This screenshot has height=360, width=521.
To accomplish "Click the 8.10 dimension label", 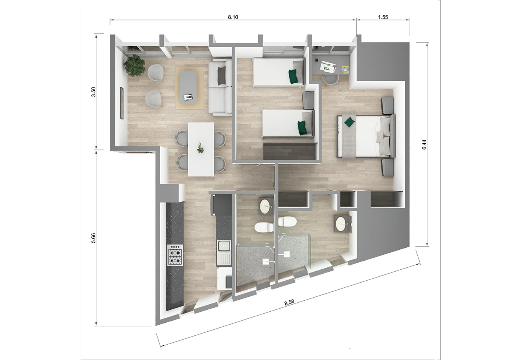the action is point(233,17).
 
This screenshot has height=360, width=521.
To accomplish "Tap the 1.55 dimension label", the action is point(383,17).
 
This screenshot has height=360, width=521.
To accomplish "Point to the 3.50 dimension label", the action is point(93,92).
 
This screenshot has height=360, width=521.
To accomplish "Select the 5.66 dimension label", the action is point(93,238).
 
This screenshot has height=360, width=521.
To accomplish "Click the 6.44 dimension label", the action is point(424,144).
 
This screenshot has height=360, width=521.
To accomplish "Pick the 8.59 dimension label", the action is point(289,302).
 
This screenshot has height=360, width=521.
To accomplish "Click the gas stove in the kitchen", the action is point(175,255).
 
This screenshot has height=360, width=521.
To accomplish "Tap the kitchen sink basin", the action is point(224,246).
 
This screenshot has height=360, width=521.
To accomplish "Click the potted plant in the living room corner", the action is point(134,65).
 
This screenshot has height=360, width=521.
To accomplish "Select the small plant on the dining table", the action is point(200,148).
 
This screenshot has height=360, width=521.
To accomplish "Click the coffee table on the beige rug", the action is point(188,87).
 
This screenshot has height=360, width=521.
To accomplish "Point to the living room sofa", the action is point(220,87).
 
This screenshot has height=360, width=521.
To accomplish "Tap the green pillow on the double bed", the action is point(349,122).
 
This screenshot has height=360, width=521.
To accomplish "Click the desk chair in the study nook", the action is point(330,80).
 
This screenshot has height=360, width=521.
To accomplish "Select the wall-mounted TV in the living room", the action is point(121,103).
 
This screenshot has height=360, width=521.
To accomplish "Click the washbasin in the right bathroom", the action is point(341,224).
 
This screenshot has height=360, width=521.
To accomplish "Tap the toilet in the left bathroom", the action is point(264,227).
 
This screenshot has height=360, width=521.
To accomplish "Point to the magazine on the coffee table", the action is point(188,97).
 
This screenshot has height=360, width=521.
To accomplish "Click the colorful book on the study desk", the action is point(345,70).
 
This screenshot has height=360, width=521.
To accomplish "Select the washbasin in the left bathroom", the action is point(266,206).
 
